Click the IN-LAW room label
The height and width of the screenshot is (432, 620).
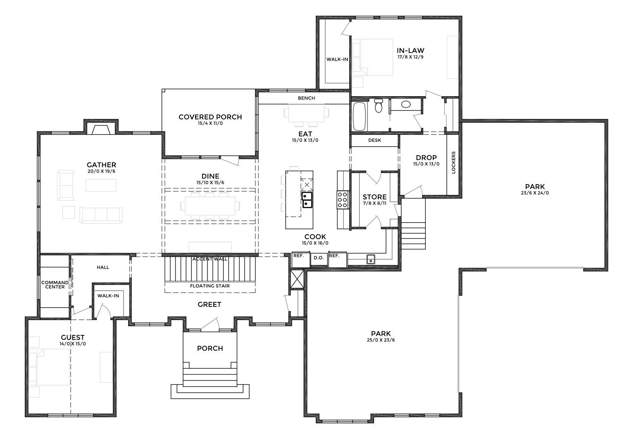click(x=410, y=51)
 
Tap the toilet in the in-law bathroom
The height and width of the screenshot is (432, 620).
click(x=378, y=106)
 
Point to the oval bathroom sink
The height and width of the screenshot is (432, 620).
click(x=406, y=104)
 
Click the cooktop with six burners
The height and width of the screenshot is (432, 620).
click(x=343, y=199)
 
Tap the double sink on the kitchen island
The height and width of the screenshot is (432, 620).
click(x=307, y=199)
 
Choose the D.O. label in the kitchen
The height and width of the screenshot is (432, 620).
click(x=319, y=258)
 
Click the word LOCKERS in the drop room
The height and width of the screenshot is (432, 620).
click(x=453, y=162)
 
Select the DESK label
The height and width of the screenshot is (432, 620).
click(x=374, y=140)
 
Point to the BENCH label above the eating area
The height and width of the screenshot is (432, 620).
click(x=306, y=98)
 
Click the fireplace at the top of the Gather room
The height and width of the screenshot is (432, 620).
click(x=101, y=129)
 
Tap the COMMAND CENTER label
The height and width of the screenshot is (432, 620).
click(x=55, y=285)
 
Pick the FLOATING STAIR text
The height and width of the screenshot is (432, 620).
click(x=210, y=286)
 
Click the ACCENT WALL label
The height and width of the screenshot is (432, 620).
click(x=210, y=259)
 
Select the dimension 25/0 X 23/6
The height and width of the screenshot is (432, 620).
click(x=381, y=340)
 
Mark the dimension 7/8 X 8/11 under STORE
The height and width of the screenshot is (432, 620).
click(x=374, y=203)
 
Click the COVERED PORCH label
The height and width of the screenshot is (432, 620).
click(x=210, y=117)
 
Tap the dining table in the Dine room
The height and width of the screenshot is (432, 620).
click(x=210, y=206)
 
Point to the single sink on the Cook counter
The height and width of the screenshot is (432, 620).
click(x=371, y=259)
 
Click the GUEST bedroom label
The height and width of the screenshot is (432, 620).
click(x=73, y=337)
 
